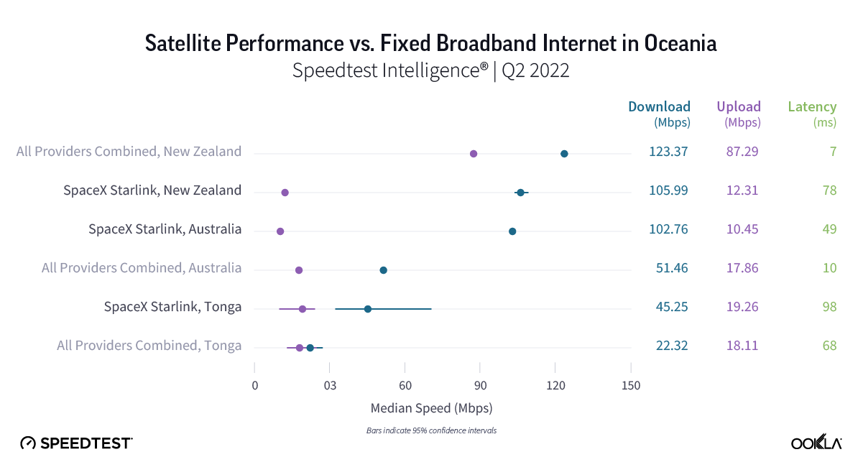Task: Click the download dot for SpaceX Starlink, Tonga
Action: pyautogui.click(x=368, y=309)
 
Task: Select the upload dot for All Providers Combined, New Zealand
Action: pyautogui.click(x=474, y=154)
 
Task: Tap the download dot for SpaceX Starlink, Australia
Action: pyautogui.click(x=512, y=231)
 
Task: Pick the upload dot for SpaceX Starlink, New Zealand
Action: pyautogui.click(x=285, y=193)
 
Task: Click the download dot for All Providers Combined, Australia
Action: pyautogui.click(x=383, y=270)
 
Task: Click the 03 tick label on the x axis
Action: pyautogui.click(x=330, y=386)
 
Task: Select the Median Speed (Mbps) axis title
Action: pyautogui.click(x=431, y=408)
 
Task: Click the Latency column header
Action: pyautogui.click(x=812, y=107)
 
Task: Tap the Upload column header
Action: pyautogui.click(x=739, y=107)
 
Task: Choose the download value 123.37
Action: pyautogui.click(x=672, y=152)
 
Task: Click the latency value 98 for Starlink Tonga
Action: pyautogui.click(x=829, y=307)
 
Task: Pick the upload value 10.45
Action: pyautogui.click(x=742, y=229)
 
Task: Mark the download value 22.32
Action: pyautogui.click(x=672, y=346)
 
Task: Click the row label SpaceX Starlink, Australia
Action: pyautogui.click(x=165, y=229)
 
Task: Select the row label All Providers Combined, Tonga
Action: pyautogui.click(x=149, y=346)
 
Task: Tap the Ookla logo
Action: pyautogui.click(x=816, y=443)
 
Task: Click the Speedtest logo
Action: pyautogui.click(x=76, y=443)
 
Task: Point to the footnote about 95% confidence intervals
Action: pyautogui.click(x=430, y=431)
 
